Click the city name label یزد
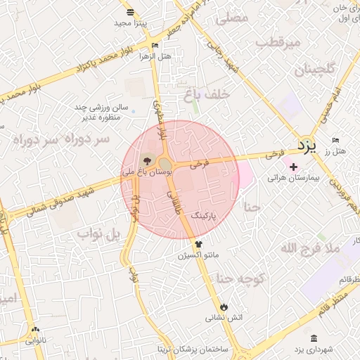tap(308, 146)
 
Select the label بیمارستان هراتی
tap(293, 179)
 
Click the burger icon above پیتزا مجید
tap(130, 12)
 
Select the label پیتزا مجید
tap(130, 23)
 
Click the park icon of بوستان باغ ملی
tap(146, 161)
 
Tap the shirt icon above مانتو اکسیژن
tap(198, 244)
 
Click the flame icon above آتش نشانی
tap(224, 307)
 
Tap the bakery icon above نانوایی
tap(35, 328)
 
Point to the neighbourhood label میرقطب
tap(278, 43)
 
